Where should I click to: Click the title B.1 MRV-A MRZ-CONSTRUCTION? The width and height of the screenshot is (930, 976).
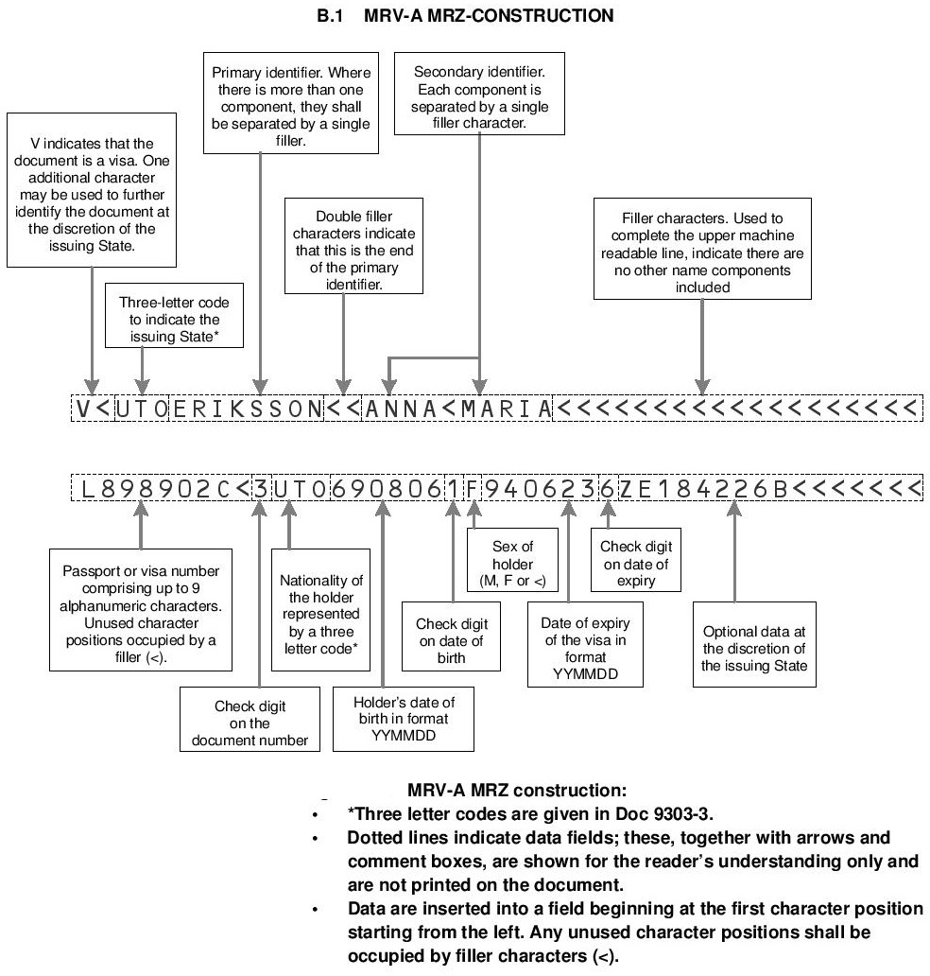point(465,15)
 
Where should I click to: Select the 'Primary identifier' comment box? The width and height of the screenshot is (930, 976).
point(291,104)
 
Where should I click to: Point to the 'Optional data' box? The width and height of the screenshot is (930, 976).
point(754,649)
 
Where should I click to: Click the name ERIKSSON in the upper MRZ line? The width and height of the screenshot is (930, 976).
point(246,409)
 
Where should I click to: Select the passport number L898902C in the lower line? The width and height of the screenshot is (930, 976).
point(155,489)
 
